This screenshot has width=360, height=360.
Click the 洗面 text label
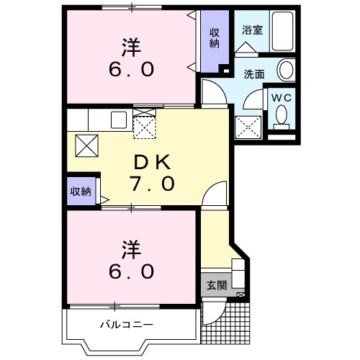253,73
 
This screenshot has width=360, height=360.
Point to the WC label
281,96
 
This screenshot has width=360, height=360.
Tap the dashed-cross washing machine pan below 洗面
249,127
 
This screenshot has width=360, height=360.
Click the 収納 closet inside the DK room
81,191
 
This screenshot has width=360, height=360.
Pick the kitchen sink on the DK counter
117,120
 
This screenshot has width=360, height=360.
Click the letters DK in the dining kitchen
151,161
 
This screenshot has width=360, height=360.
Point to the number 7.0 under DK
153,184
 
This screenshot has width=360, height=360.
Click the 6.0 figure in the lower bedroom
130,271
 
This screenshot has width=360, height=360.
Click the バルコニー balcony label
127,325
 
